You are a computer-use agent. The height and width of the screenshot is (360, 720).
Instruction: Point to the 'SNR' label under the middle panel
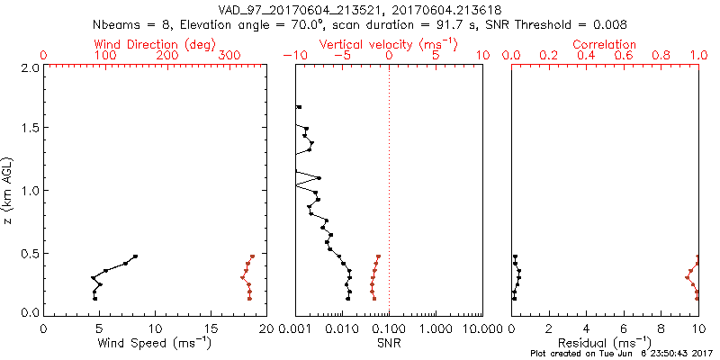(x=389, y=342)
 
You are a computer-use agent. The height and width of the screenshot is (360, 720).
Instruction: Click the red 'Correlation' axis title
(x=605, y=44)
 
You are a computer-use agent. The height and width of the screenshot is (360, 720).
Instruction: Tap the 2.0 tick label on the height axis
(x=29, y=67)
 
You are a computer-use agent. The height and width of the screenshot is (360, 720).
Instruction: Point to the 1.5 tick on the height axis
(x=29, y=129)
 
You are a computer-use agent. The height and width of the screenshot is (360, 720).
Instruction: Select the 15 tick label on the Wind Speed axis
(x=211, y=328)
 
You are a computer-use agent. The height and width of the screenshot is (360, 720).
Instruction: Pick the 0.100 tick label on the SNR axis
(x=389, y=328)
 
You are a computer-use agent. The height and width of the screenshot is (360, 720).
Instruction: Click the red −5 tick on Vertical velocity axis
(x=342, y=56)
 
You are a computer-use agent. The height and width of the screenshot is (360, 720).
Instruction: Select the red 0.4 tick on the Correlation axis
(x=587, y=56)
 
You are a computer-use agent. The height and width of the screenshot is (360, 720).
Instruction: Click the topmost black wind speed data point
(x=136, y=256)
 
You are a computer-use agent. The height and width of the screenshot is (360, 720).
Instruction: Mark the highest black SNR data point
(x=300, y=108)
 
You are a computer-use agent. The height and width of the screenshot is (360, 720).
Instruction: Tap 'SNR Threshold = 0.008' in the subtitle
(x=550, y=24)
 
